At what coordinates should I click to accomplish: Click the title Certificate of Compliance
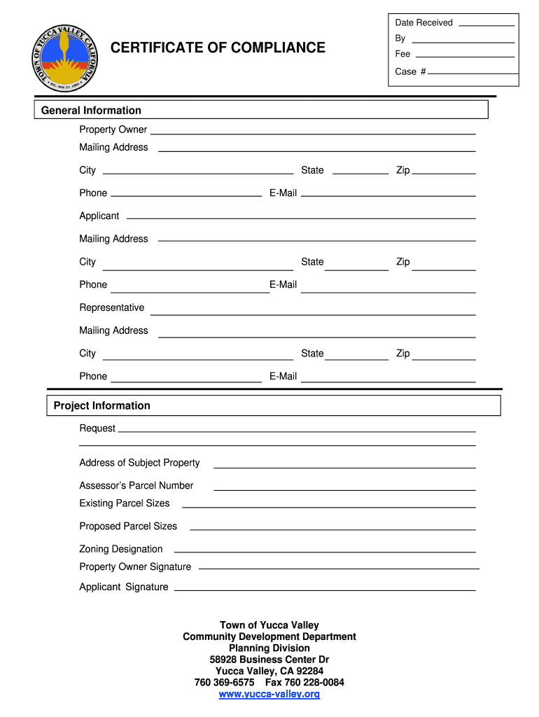218,48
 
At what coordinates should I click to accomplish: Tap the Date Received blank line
485,25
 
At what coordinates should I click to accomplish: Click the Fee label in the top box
402,54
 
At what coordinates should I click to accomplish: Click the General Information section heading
91,111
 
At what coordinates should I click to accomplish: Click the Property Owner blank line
313,132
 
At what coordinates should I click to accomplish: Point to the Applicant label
99,216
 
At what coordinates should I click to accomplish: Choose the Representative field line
313,313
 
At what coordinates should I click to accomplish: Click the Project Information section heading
102,405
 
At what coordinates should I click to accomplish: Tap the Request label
97,428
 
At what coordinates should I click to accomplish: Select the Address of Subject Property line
344,467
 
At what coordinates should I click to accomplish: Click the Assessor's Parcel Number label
136,485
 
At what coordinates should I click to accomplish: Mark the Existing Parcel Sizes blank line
328,506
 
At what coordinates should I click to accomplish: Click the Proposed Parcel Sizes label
128,526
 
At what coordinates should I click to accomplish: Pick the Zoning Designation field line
324,553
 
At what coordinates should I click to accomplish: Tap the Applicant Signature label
124,587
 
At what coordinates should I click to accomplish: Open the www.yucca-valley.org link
269,694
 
